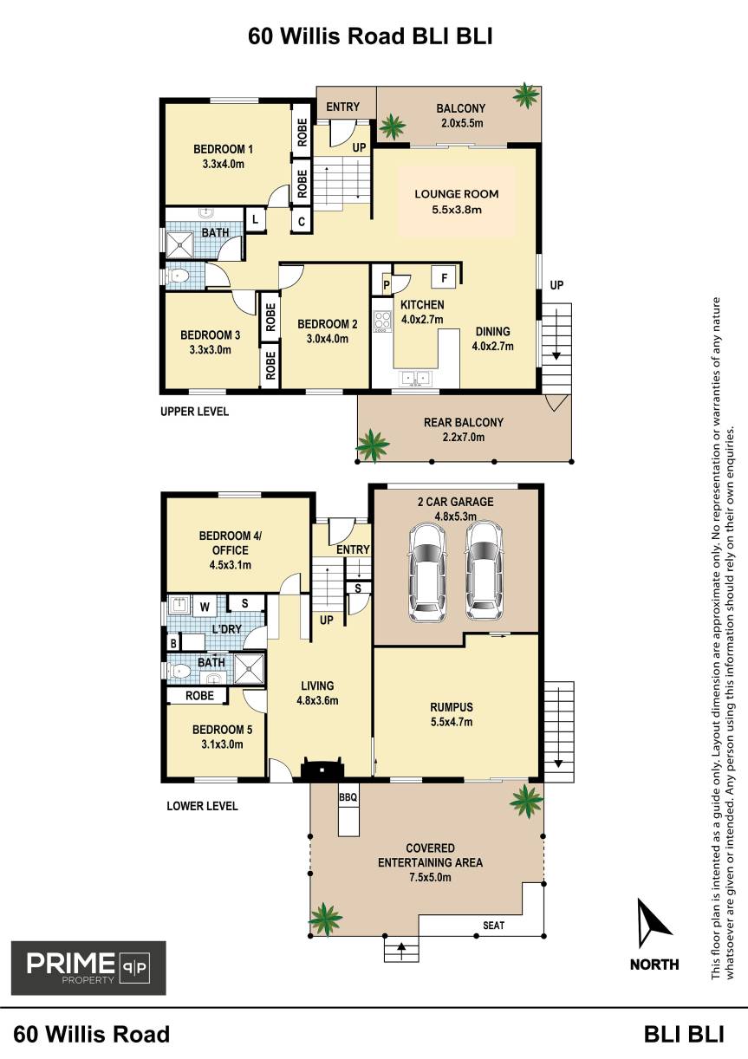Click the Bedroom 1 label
[223, 149]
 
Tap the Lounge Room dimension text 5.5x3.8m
[457, 210]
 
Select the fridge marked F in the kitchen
[444, 277]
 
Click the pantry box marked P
[387, 284]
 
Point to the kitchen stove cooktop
[382, 321]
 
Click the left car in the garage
[427, 573]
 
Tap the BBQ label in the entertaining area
[348, 797]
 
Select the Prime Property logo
[88, 969]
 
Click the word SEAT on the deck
[493, 926]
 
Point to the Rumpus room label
[452, 707]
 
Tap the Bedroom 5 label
[222, 730]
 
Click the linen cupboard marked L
[256, 220]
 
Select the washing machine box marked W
[205, 607]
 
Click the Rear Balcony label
[464, 422]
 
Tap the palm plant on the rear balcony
[373, 445]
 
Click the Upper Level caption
[194, 412]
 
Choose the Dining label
[492, 331]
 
